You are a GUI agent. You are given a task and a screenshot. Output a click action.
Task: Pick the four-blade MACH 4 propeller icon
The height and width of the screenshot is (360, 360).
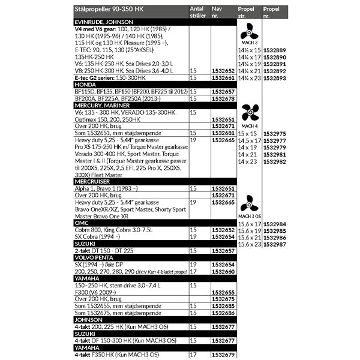click(x=248, y=112)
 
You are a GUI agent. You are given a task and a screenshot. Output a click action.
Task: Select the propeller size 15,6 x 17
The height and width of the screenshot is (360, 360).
click(x=250, y=224)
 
